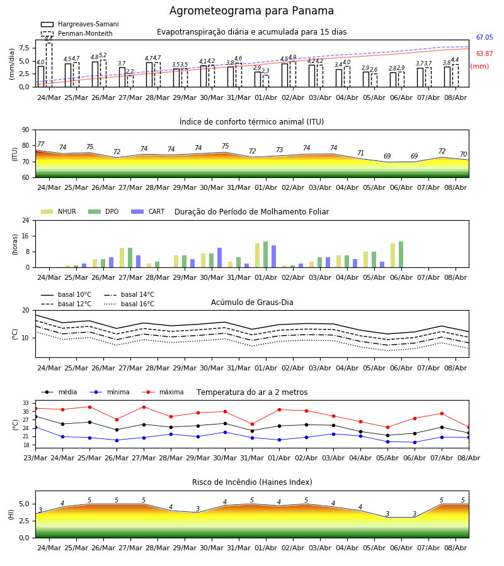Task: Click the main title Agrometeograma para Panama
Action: point(251,11)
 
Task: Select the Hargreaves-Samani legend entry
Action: point(79,24)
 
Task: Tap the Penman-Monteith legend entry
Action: point(77,33)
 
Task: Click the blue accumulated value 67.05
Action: point(484,37)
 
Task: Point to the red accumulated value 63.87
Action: point(484,53)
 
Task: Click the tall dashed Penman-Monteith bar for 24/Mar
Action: point(49,65)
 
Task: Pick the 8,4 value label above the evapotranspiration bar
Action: point(49,39)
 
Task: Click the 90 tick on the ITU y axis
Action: point(26,130)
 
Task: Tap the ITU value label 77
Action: point(40,145)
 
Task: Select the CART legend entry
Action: point(148,211)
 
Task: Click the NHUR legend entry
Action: point(59,211)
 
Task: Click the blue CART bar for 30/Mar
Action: point(219,258)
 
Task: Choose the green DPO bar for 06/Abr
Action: point(401,255)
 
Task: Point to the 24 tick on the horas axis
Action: point(26,220)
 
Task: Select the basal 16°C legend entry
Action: point(129,304)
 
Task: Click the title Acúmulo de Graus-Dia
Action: point(252,302)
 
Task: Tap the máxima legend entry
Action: point(163,392)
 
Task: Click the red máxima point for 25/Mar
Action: point(89,407)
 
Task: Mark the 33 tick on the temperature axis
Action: point(26,403)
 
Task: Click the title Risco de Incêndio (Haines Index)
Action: point(252,482)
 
